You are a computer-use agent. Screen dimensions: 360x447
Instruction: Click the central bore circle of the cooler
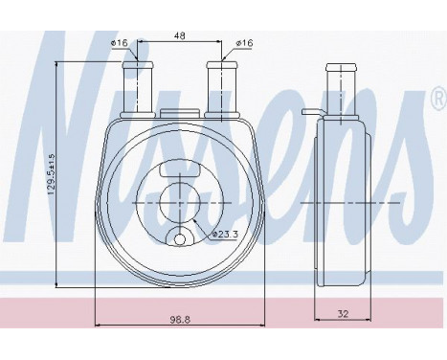[x=181, y=204]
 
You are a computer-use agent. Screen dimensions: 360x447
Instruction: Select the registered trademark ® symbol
[x=436, y=99]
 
